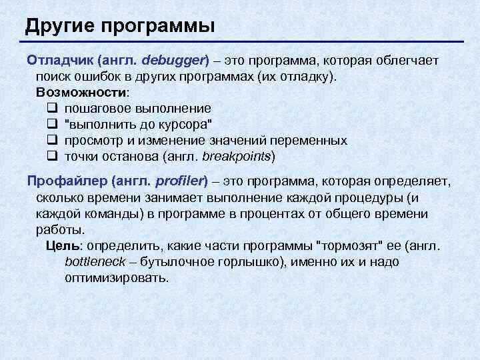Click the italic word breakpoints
(x=237, y=157)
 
